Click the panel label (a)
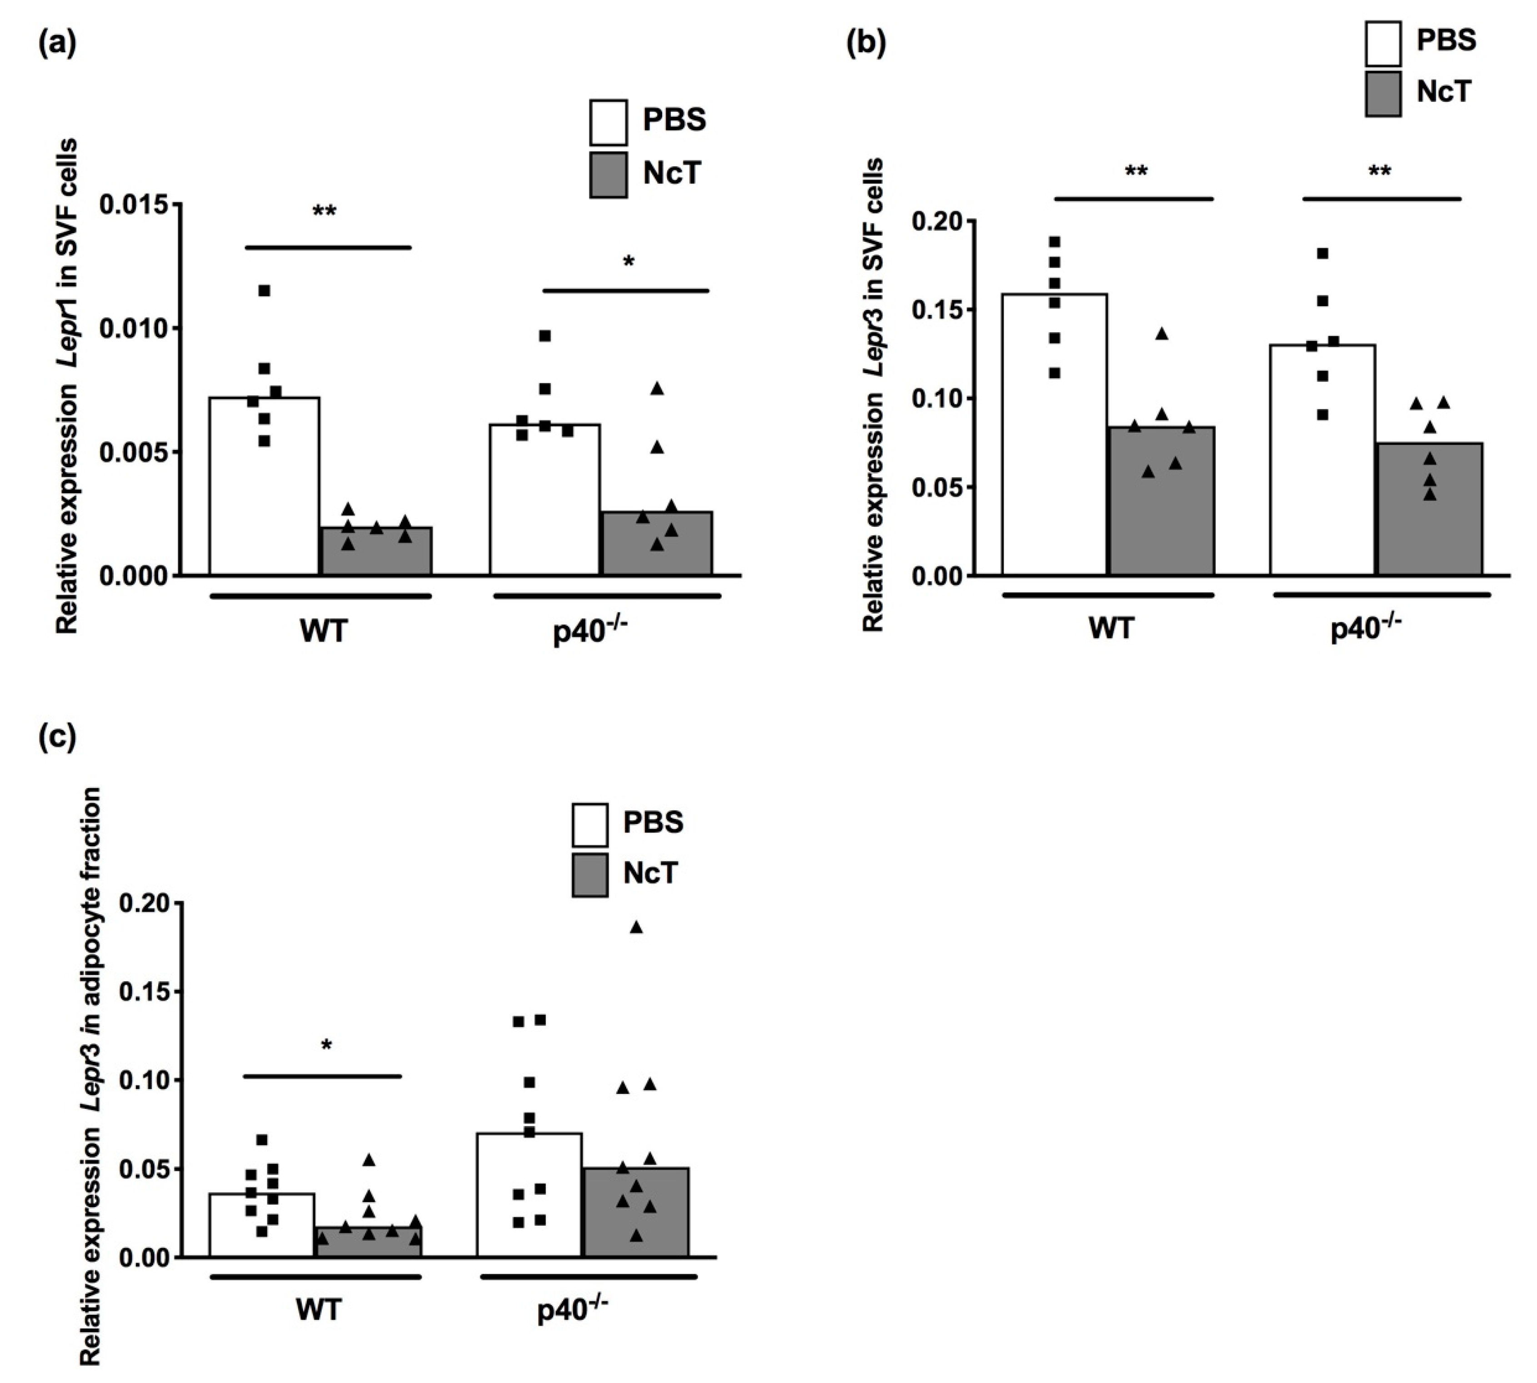[x=57, y=44]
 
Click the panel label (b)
[x=865, y=44]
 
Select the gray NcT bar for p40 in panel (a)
[x=657, y=543]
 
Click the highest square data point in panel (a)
[x=264, y=290]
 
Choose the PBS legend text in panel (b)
[x=1446, y=40]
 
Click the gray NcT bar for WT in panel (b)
[x=1161, y=502]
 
